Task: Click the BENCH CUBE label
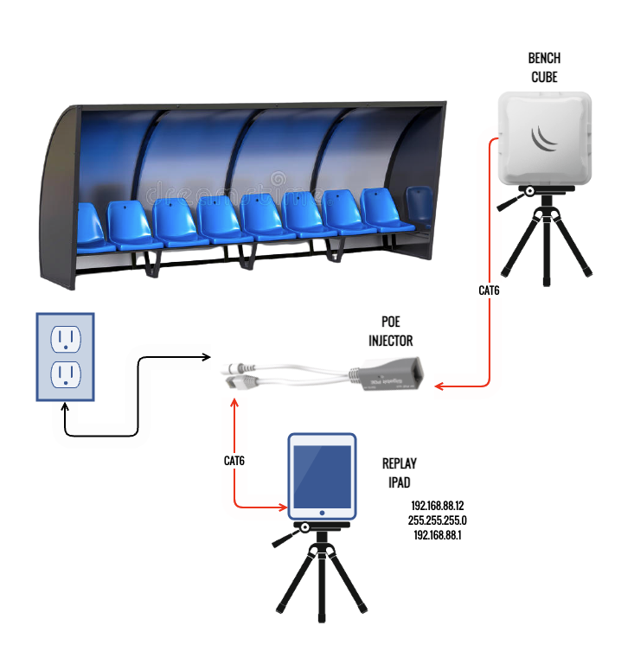[x=544, y=67]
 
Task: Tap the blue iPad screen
[x=322, y=477]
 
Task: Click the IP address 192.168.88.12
[x=438, y=506]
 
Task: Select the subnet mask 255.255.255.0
[x=438, y=520]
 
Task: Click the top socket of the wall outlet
[x=64, y=337]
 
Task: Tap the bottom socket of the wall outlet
[x=64, y=373]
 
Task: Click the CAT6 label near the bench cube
[x=490, y=290]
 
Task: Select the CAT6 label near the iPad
[x=234, y=461]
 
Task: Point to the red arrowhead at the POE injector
[x=439, y=386]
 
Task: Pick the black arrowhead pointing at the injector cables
[x=208, y=356]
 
